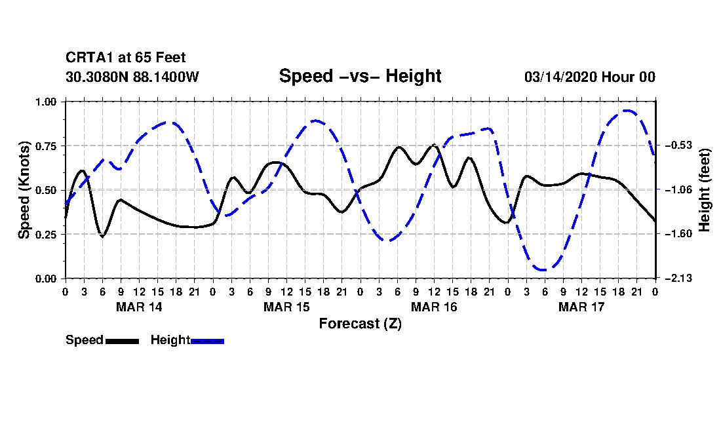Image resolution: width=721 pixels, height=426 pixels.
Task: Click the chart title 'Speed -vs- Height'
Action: pos(360,76)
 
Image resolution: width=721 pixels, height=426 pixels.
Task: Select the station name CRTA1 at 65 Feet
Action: pos(130,58)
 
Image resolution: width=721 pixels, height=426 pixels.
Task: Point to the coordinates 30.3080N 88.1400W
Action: pos(132,77)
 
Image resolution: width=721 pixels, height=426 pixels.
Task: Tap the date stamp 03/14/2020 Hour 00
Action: pos(589,77)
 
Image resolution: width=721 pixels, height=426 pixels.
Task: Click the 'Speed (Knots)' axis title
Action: pos(24,189)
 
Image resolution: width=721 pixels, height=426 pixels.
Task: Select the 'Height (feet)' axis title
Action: pos(705,189)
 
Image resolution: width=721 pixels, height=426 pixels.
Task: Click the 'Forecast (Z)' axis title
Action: pos(360,323)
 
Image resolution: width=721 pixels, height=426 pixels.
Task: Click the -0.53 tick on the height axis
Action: pos(677,145)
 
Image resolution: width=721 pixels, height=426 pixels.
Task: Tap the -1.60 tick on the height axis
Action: pos(677,234)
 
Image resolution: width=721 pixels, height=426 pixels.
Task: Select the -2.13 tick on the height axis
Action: pos(677,279)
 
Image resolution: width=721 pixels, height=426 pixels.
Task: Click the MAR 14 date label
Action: pos(139,307)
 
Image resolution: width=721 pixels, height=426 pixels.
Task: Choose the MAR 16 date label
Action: pos(434,307)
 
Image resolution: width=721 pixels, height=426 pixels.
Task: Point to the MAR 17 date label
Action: pos(581,307)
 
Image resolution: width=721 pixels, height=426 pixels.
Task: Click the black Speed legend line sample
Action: pos(122,341)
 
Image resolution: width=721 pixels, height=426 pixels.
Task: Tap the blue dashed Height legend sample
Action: pos(207,341)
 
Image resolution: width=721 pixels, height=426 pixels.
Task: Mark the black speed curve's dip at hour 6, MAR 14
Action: pos(102,236)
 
